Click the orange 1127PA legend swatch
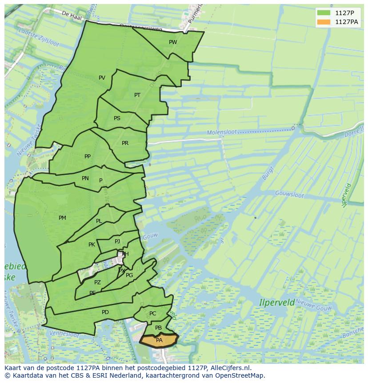point(324,22)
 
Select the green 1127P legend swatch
point(324,12)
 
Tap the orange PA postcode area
point(159,340)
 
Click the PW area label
point(173,42)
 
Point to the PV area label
point(102,78)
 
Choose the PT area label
point(137,95)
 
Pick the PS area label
point(117,118)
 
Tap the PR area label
point(125,143)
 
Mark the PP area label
point(88,157)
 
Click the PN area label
point(85,178)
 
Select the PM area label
point(62,218)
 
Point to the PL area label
point(99,221)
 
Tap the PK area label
point(92,245)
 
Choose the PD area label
point(105,312)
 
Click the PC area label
point(153,314)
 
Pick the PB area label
point(158,328)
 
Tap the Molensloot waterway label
point(222,133)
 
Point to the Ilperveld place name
point(277,303)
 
